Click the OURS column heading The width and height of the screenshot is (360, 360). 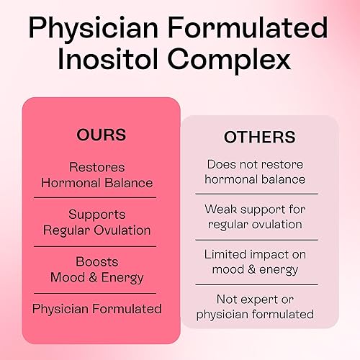click(x=101, y=135)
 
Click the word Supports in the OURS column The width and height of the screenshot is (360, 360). click(x=97, y=215)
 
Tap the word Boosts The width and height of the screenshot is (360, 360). click(x=97, y=261)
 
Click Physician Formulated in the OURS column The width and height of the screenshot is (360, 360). click(x=97, y=308)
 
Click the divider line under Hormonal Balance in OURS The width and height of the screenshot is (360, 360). click(x=100, y=197)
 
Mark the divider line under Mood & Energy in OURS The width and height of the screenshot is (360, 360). click(x=100, y=292)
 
